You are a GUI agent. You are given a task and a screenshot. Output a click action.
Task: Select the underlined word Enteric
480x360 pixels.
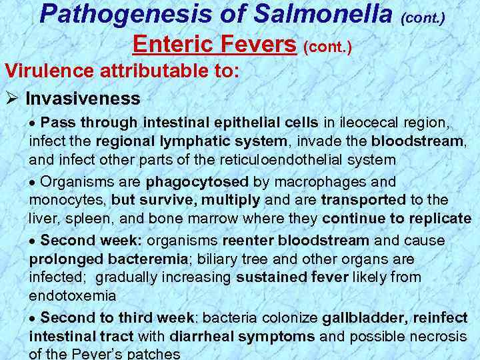[x=171, y=45]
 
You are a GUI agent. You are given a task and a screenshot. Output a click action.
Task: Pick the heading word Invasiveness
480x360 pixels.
[x=83, y=99]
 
